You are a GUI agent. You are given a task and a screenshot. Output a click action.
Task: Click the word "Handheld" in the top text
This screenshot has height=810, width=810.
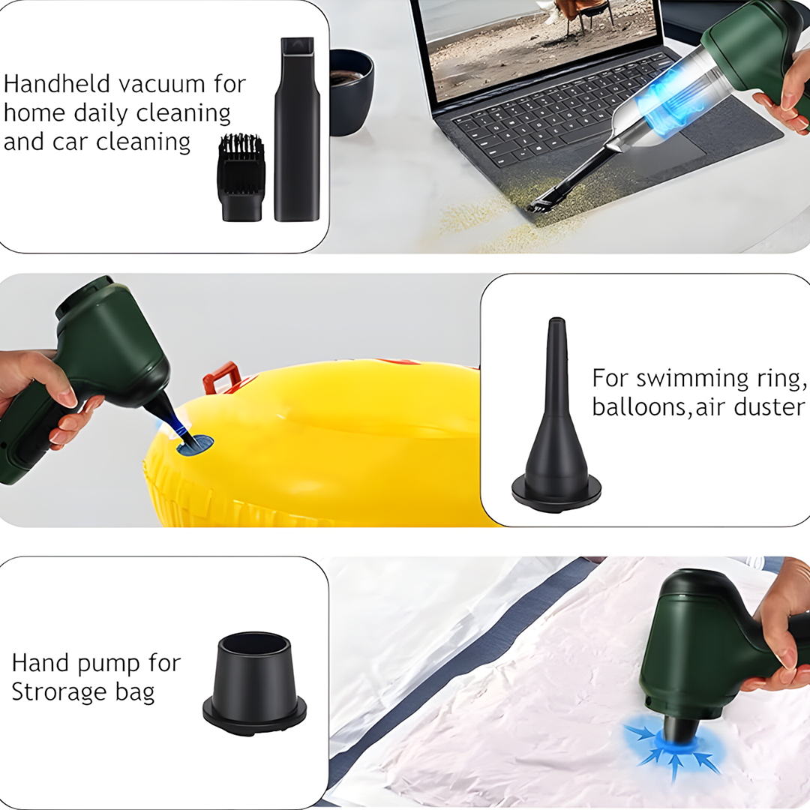(57, 84)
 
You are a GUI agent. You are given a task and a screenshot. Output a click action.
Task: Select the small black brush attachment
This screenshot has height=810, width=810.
(240, 177)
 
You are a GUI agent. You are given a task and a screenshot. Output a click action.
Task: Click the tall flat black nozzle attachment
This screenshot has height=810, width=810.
(297, 129)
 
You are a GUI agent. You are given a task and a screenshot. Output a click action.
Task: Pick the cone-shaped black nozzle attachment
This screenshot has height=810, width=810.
(556, 415)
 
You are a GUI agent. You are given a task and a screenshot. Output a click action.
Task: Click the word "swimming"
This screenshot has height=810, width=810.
(692, 379)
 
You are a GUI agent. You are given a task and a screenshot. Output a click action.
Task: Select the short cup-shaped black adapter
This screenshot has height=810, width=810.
(254, 683)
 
